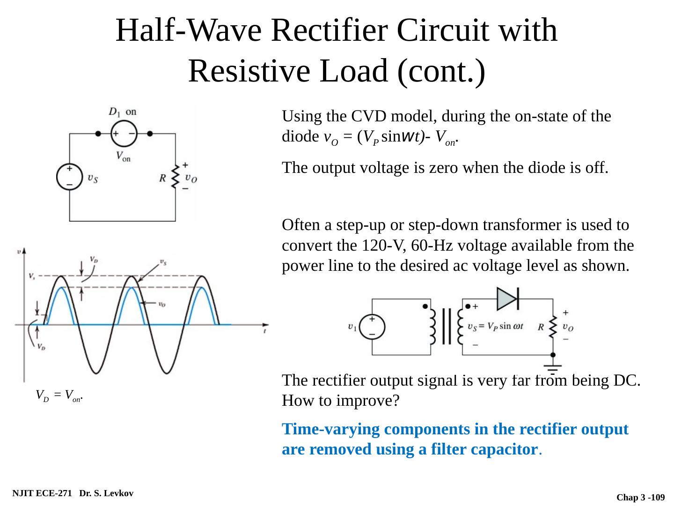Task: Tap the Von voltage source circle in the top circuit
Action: click(124, 133)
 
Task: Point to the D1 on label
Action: click(123, 112)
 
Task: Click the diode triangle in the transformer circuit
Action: click(507, 298)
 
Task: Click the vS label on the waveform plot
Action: click(162, 262)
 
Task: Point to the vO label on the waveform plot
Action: click(161, 304)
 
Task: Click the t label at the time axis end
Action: click(265, 331)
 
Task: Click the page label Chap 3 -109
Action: click(640, 497)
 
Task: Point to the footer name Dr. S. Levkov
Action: click(106, 493)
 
